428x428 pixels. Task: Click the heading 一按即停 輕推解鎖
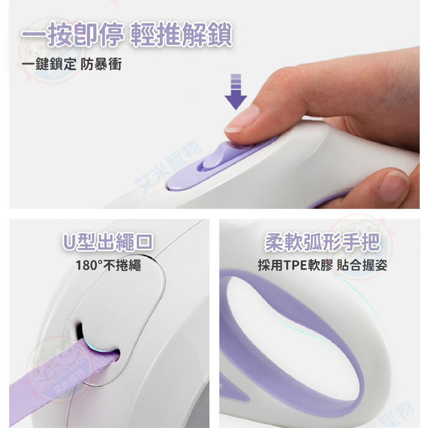(x=127, y=35)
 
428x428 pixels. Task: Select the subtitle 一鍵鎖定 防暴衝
(x=72, y=64)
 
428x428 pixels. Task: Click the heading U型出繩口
(x=108, y=241)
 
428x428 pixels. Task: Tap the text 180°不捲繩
(x=108, y=265)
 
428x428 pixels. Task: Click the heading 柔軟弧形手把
(x=322, y=242)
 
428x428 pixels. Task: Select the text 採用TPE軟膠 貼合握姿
(x=322, y=265)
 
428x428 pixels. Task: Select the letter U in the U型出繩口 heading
(x=69, y=242)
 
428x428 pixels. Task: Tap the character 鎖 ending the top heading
(x=220, y=35)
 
